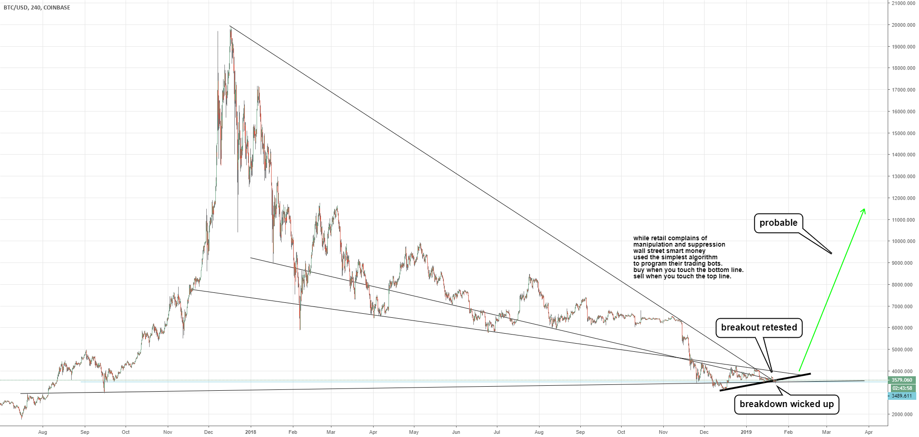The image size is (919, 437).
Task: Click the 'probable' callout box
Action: click(778, 223)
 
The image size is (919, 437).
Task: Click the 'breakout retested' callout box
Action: click(759, 327)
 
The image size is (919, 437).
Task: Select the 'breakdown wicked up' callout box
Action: click(786, 404)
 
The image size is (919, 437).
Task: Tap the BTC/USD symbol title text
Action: click(15, 8)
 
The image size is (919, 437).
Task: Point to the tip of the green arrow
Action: click(864, 209)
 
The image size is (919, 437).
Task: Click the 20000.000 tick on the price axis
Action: click(903, 25)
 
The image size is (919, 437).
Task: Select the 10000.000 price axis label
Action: click(903, 241)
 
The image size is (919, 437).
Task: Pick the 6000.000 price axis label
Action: click(903, 328)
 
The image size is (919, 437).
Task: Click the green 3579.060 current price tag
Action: click(901, 380)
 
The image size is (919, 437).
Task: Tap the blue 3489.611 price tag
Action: click(901, 396)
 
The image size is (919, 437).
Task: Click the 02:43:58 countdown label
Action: click(901, 388)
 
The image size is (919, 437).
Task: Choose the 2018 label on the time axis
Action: click(250, 432)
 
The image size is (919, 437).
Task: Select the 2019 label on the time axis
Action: click(746, 432)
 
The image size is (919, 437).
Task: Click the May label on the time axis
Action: click(413, 432)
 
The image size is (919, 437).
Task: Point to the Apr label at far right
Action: click(868, 432)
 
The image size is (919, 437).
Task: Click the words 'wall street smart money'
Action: click(669, 251)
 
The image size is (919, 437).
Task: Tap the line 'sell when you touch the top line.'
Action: click(682, 276)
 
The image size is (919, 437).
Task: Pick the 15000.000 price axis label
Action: click(903, 133)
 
